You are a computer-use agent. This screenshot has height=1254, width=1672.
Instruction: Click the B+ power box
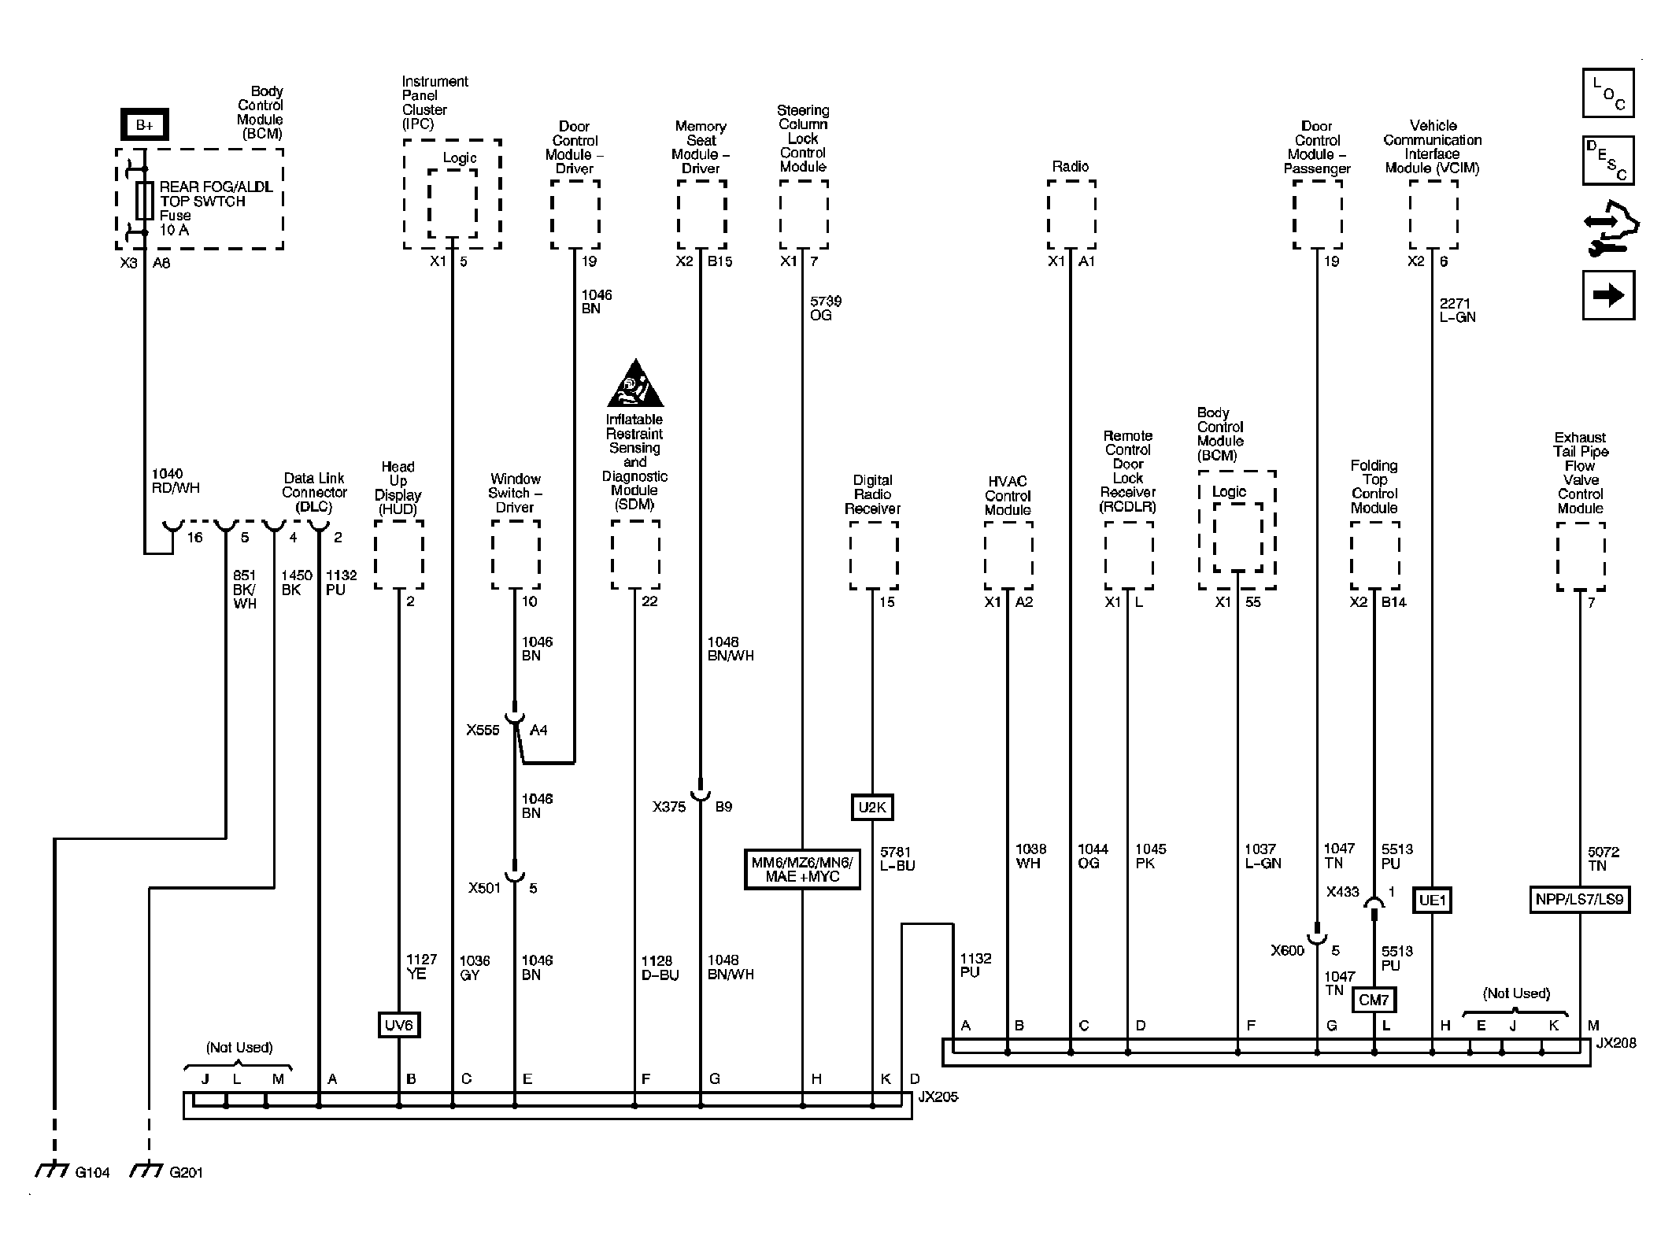tap(144, 124)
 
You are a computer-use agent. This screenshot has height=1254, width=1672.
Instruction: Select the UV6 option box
tap(398, 1025)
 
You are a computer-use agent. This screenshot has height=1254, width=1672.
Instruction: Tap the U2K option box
tap(872, 807)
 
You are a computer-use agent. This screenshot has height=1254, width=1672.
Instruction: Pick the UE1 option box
tap(1433, 900)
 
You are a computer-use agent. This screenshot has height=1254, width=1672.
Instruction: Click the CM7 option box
tap(1374, 1000)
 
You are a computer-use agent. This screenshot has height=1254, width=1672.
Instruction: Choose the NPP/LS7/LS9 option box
tap(1579, 899)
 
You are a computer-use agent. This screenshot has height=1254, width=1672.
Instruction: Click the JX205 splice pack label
tap(938, 1097)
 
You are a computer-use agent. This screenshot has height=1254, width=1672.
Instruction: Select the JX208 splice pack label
tap(1616, 1043)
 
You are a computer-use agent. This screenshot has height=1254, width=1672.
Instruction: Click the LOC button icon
tap(1608, 93)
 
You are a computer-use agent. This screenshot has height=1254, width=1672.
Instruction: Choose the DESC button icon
tap(1608, 161)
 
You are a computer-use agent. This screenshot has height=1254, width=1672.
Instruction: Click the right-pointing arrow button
tap(1608, 295)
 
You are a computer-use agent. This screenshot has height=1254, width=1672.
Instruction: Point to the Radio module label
tap(1071, 166)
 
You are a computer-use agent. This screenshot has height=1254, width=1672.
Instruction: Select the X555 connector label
tap(483, 730)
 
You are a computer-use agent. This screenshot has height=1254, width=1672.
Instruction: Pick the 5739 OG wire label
tap(820, 308)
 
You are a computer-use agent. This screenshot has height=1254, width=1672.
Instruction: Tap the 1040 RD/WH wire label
tap(175, 480)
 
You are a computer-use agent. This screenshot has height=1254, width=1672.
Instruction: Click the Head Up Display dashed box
tap(398, 554)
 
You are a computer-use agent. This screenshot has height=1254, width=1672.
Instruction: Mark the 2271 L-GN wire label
tap(1457, 310)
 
